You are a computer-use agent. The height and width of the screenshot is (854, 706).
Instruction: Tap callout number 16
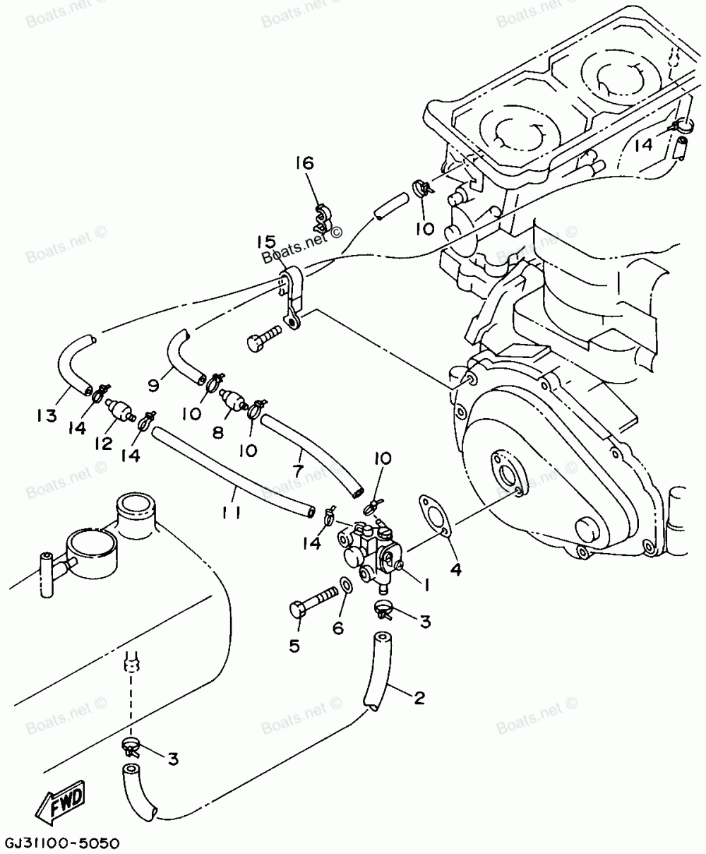coord(304,164)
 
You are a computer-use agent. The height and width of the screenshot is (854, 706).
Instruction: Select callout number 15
coord(266,242)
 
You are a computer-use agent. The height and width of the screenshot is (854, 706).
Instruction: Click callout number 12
coord(103,443)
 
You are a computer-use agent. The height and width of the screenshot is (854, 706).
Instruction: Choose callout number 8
coord(217,431)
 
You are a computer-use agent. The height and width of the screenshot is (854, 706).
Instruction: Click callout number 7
coord(298,469)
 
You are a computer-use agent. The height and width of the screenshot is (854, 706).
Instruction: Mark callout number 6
coord(338,627)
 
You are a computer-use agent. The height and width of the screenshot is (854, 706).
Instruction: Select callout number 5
coord(294,644)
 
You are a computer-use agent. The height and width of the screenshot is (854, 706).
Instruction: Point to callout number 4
coord(455,569)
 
